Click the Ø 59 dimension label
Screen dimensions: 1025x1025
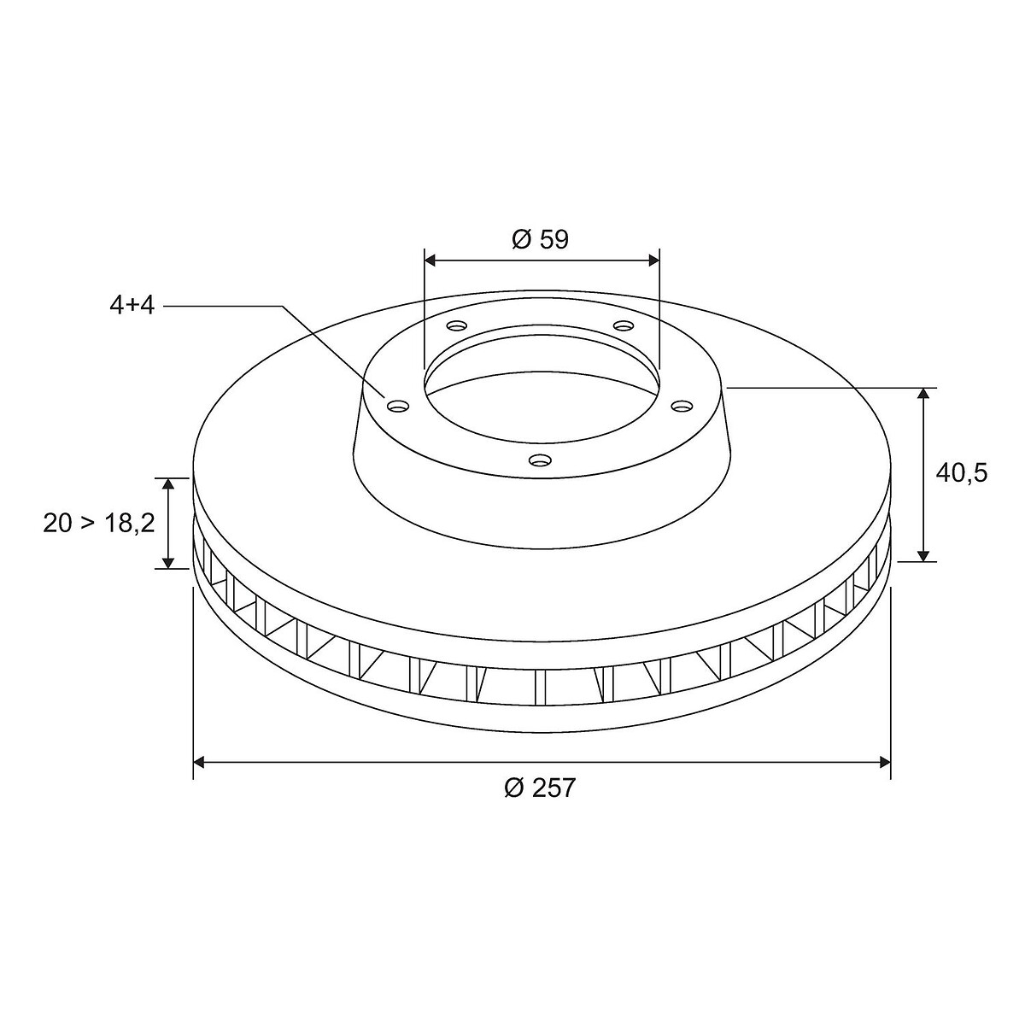[541, 240]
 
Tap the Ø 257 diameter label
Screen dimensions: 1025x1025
[540, 788]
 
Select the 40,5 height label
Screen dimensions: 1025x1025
[961, 473]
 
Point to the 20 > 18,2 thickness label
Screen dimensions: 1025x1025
[99, 524]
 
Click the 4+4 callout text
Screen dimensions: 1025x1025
[132, 306]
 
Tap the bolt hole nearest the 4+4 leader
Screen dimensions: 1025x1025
[399, 407]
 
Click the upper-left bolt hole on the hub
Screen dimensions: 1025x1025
[458, 325]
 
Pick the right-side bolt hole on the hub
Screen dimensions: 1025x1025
[682, 407]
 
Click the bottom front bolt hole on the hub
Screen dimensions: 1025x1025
[540, 459]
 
